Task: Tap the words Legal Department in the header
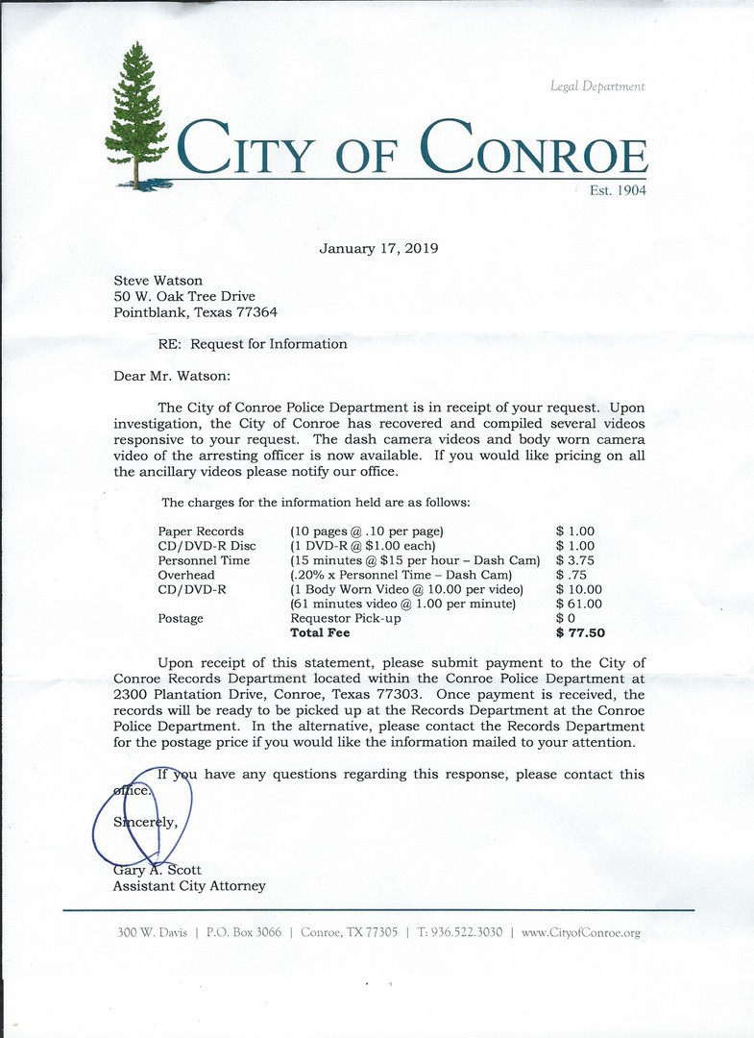coord(597,86)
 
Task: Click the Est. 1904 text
coord(618,190)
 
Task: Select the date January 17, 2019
coord(378,248)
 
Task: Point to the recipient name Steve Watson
coord(158,281)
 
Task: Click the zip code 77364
coord(256,312)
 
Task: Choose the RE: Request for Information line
coord(253,343)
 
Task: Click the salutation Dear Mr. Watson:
coord(172,376)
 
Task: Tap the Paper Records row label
coord(201,531)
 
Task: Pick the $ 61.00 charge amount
coord(579,604)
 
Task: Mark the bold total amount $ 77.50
coord(580,633)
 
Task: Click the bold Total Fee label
coord(320,633)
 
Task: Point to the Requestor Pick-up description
coord(346,618)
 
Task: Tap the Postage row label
coord(181,618)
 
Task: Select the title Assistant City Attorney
coord(189,886)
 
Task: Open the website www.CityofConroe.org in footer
coord(580,932)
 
